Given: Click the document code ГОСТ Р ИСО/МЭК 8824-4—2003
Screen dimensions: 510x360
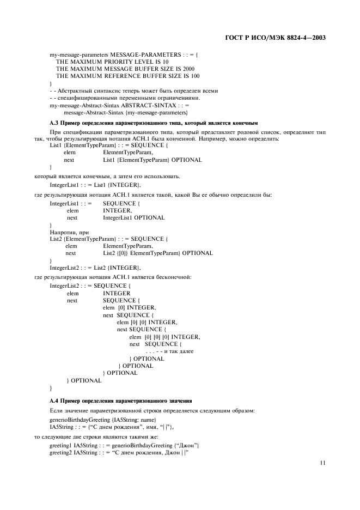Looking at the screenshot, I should [x=275, y=38].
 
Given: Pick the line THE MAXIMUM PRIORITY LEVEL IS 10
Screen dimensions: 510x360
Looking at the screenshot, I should [x=104, y=62].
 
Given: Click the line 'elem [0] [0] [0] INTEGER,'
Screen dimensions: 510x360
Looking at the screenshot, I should [x=164, y=337].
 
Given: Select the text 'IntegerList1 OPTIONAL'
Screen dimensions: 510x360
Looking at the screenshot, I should [x=133, y=217].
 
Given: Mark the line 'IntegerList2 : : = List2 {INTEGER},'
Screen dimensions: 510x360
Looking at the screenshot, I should [x=95, y=268].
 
